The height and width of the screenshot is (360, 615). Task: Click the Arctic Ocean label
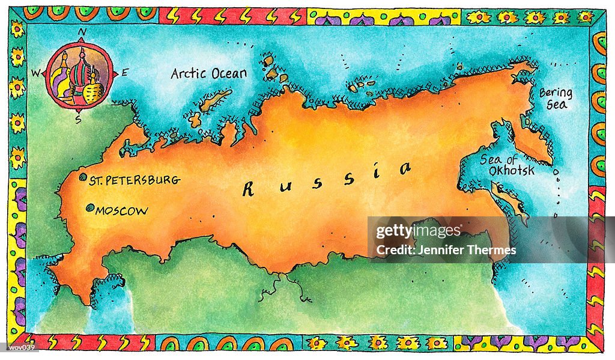pyautogui.click(x=208, y=73)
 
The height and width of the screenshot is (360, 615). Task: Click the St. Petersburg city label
pyautogui.click(x=134, y=180)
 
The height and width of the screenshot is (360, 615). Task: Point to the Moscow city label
pyautogui.click(x=121, y=211)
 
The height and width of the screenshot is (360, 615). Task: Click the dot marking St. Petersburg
pyautogui.click(x=82, y=178)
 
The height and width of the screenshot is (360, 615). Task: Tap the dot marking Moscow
pyautogui.click(x=89, y=208)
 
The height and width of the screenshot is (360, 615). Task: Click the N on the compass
pyautogui.click(x=82, y=32)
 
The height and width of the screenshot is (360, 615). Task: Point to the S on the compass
pyautogui.click(x=78, y=118)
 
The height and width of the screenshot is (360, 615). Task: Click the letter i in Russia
pyautogui.click(x=377, y=174)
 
